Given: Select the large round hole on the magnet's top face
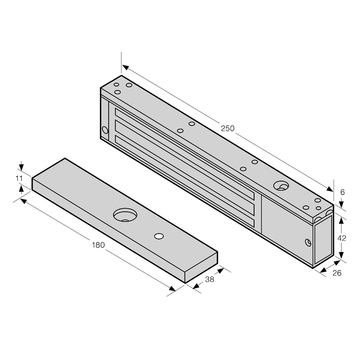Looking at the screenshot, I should [281, 185].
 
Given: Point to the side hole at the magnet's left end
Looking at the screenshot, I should [105, 130].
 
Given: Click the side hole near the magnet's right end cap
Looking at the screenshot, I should [308, 242].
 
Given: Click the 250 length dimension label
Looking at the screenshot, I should [228, 128].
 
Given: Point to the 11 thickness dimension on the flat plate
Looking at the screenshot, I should [20, 179].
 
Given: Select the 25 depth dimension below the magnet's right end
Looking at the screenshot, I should [337, 273].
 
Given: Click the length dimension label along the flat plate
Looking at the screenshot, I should [98, 245].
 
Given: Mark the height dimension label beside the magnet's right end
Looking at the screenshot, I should [342, 238].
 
